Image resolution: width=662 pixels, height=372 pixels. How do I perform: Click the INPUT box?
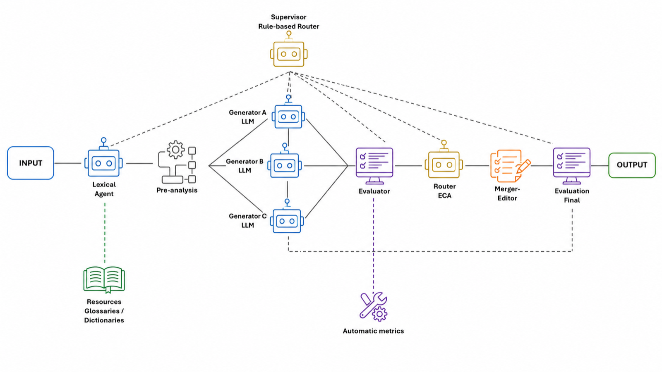(31, 163)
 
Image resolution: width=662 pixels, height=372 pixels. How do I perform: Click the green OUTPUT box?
(632, 165)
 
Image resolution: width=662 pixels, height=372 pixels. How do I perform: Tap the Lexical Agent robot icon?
(103, 157)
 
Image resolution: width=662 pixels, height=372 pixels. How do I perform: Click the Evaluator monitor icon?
(374, 166)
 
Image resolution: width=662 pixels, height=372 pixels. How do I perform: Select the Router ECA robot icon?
(444, 160)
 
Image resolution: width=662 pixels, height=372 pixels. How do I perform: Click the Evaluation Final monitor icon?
(571, 166)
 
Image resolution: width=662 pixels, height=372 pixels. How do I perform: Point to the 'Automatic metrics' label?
(373, 331)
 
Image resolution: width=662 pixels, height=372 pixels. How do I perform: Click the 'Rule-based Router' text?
(289, 26)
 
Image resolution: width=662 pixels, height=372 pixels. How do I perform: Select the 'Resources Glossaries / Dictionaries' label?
(104, 311)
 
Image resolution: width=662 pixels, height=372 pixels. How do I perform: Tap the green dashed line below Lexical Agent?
(105, 233)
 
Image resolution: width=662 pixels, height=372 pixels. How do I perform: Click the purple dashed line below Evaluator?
(373, 245)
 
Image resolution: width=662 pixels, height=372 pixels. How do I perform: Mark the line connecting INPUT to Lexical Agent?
(68, 163)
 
